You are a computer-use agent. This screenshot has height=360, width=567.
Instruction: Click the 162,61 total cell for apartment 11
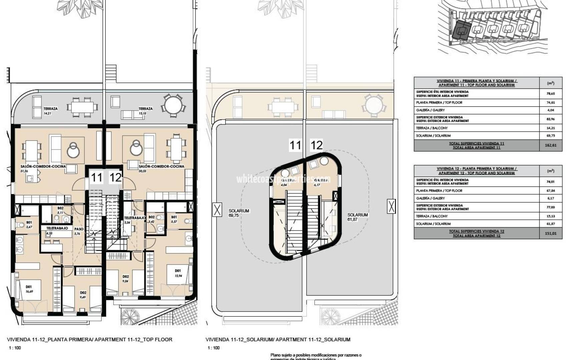[x=550, y=145]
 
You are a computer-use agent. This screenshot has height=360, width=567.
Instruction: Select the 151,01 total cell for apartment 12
[x=550, y=233]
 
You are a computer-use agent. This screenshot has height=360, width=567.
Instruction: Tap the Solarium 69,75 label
[x=239, y=213]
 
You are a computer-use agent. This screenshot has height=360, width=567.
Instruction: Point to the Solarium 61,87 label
[x=358, y=217]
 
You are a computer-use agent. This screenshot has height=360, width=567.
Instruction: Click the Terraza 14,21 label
[x=50, y=111]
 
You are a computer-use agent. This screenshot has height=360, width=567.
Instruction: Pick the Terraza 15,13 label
[x=145, y=111]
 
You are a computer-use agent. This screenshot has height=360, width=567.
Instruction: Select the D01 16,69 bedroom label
[x=29, y=289]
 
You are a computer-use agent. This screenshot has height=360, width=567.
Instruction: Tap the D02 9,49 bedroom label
[x=83, y=295]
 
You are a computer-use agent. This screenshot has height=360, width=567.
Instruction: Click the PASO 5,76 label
[x=79, y=231]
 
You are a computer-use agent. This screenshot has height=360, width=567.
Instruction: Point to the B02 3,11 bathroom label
[x=60, y=210]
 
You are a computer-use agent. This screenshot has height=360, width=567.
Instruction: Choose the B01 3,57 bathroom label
[x=174, y=219]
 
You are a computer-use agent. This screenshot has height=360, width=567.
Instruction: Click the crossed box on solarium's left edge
[x=217, y=210]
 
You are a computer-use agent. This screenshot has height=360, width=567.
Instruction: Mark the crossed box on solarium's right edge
[x=391, y=206]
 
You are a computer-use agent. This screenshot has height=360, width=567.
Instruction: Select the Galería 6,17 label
[x=320, y=182]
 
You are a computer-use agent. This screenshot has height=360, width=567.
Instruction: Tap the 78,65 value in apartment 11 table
[x=550, y=94]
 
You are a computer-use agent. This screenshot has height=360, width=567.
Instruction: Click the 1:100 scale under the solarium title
[x=214, y=348]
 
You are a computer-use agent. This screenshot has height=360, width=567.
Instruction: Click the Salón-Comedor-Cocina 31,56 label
[x=43, y=168]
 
